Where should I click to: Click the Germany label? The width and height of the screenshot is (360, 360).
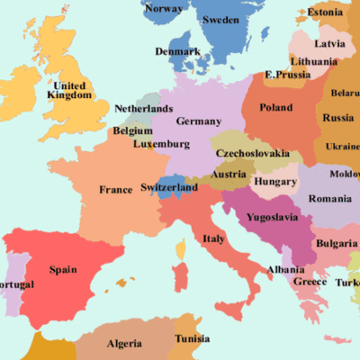(199, 121)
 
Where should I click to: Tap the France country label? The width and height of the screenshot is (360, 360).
(116, 190)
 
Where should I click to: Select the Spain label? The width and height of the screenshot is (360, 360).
(62, 269)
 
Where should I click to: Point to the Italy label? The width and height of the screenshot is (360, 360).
(213, 238)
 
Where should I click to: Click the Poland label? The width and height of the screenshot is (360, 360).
(275, 107)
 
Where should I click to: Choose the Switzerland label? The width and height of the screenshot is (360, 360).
(169, 188)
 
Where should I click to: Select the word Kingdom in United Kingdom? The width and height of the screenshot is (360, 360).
(68, 94)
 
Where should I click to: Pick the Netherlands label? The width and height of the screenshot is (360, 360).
(143, 109)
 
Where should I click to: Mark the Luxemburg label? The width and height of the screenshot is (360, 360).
(161, 144)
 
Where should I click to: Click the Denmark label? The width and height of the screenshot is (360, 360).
(177, 51)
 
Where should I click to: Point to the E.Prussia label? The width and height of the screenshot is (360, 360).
(288, 74)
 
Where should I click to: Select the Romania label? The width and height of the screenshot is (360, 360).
(330, 198)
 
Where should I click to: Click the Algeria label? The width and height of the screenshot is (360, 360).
(124, 344)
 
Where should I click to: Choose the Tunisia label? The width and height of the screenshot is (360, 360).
(192, 339)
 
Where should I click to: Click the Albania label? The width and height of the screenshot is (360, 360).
(285, 269)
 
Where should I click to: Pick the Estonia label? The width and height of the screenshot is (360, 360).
(325, 13)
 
